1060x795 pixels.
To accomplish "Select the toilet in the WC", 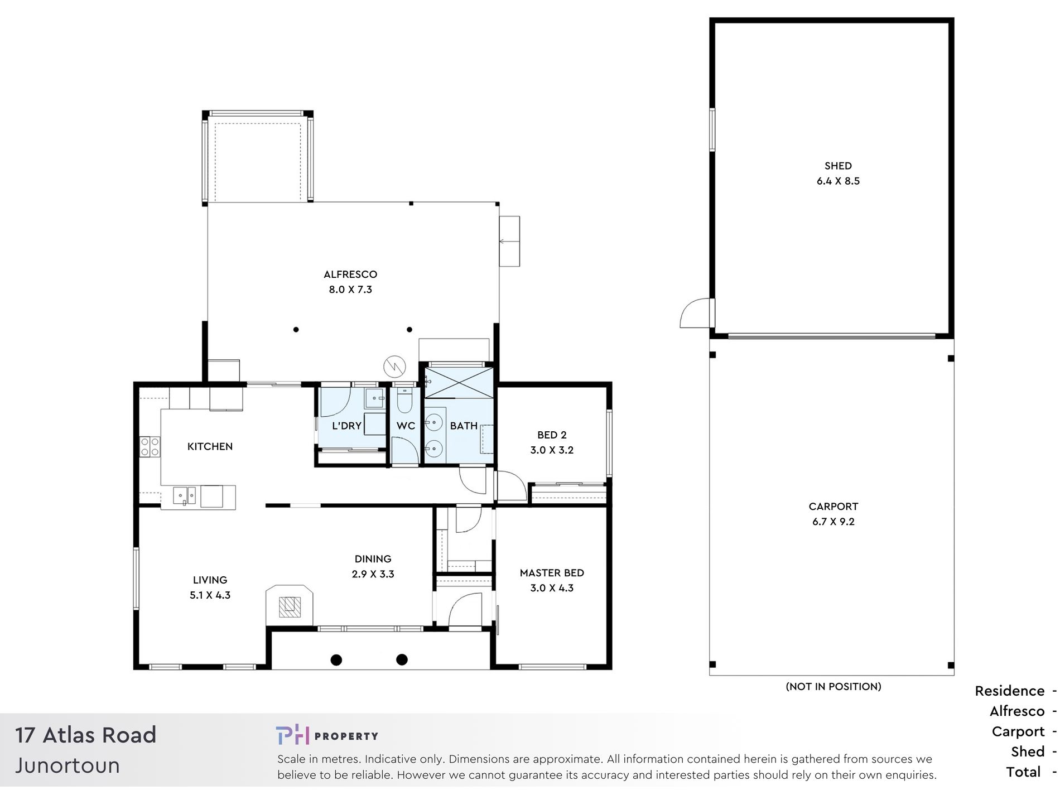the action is tap(404, 399).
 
